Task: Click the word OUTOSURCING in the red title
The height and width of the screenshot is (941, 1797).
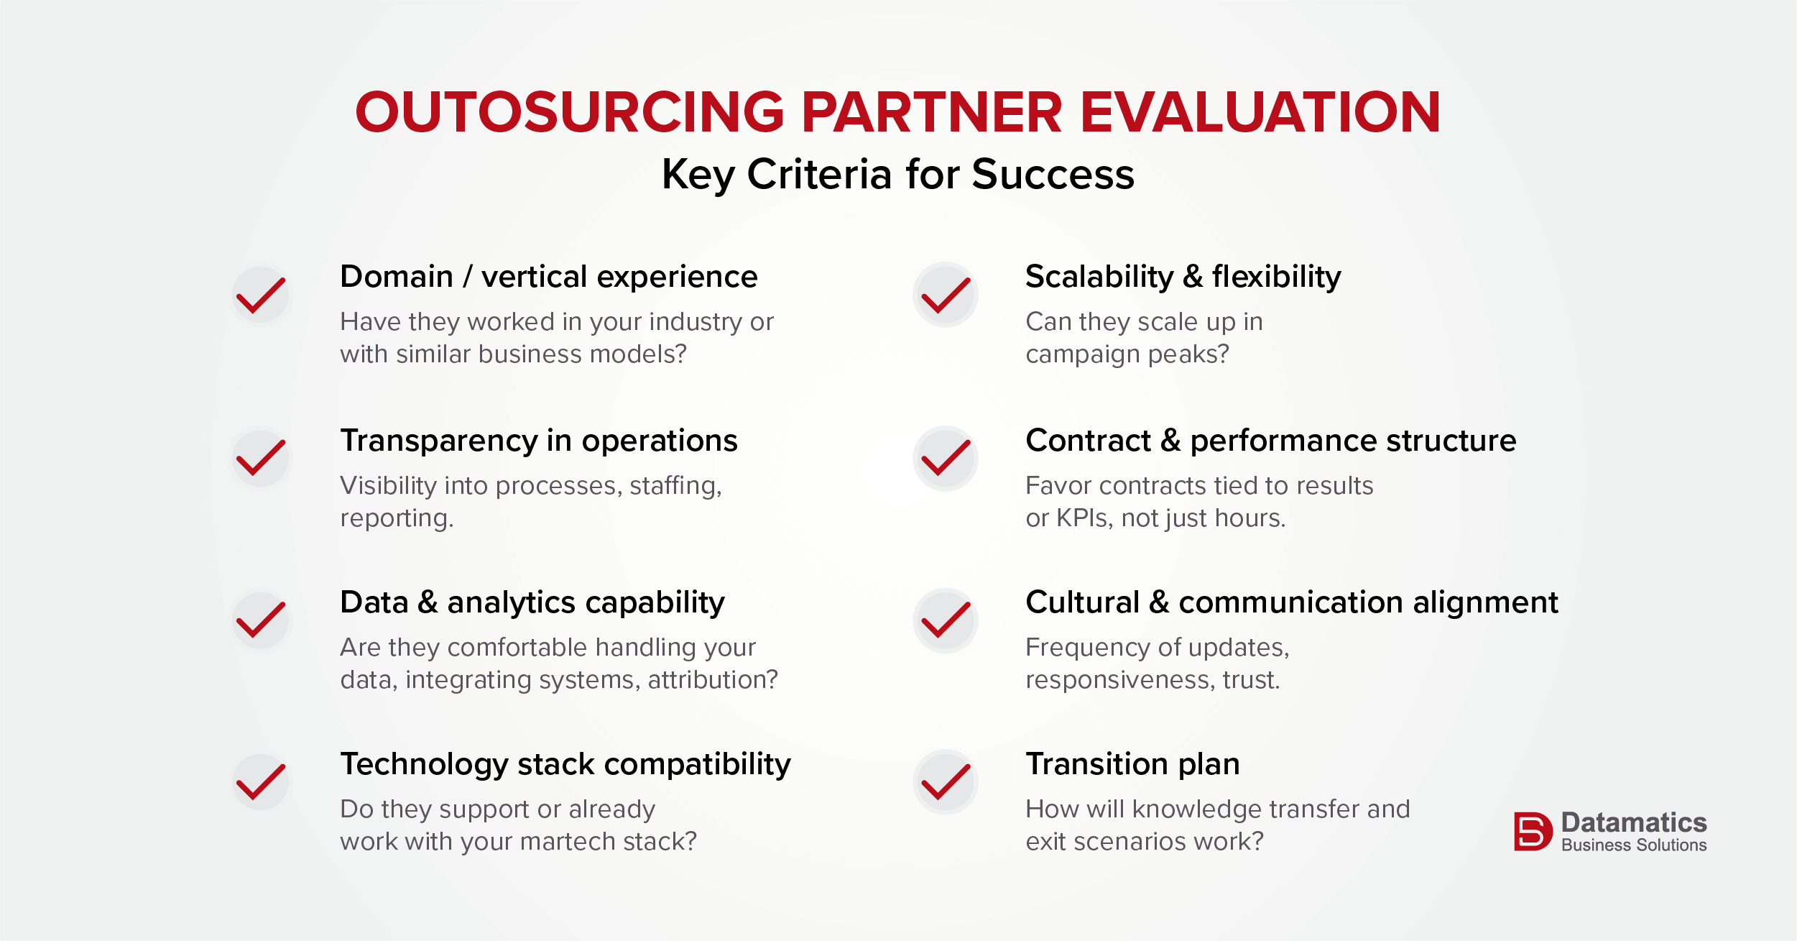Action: pyautogui.click(x=570, y=112)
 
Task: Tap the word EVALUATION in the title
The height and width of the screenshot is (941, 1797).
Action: pyautogui.click(x=1260, y=112)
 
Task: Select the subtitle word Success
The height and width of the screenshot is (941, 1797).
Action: pyautogui.click(x=1053, y=174)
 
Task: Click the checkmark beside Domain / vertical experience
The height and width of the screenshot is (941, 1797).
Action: pyautogui.click(x=261, y=295)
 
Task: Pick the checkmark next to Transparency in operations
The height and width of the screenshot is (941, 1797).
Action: pyautogui.click(x=261, y=458)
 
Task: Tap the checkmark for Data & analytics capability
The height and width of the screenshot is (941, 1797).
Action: pyautogui.click(x=261, y=620)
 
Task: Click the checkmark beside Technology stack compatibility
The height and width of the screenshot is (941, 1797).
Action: pyautogui.click(x=261, y=782)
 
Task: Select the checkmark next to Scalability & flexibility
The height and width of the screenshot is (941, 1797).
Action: pyautogui.click(x=946, y=295)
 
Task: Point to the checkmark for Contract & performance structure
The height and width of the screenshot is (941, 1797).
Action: pyautogui.click(x=946, y=458)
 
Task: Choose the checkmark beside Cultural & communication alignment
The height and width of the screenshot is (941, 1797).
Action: pyautogui.click(x=946, y=620)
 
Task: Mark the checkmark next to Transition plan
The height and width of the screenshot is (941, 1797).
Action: pyautogui.click(x=946, y=782)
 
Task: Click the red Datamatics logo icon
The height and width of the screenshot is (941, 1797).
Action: pyautogui.click(x=1533, y=832)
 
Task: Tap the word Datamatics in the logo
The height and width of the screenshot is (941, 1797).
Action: pyautogui.click(x=1634, y=822)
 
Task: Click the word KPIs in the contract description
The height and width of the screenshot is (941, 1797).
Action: pyautogui.click(x=1084, y=518)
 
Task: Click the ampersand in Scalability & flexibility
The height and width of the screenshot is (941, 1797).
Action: pyautogui.click(x=1193, y=277)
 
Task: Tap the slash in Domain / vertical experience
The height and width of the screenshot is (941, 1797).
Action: pyautogui.click(x=468, y=277)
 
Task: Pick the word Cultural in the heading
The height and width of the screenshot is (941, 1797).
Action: pyautogui.click(x=1083, y=602)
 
